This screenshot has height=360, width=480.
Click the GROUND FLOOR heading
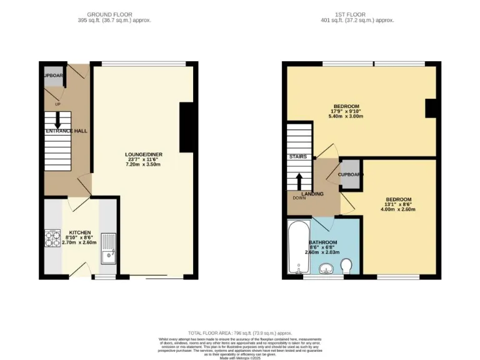(110, 14)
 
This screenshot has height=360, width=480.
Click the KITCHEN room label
(80, 231)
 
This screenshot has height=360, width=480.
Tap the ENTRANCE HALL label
(66, 131)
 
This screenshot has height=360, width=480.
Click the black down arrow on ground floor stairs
(57, 123)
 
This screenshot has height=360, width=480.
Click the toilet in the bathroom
(347, 267)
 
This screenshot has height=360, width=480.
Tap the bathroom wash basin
(326, 269)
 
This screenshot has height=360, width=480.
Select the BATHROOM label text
(323, 242)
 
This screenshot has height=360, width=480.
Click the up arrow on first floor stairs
(299, 181)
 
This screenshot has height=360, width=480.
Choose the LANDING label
(312, 194)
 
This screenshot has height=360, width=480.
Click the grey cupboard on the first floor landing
(349, 175)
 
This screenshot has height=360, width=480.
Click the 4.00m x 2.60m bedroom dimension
(398, 209)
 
